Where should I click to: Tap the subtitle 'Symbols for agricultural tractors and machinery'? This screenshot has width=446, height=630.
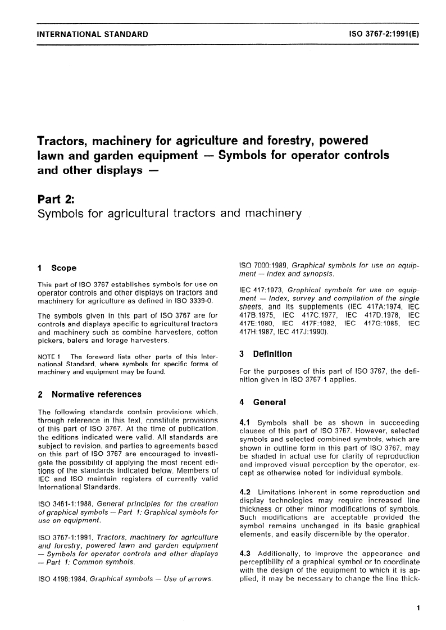[x=169, y=214]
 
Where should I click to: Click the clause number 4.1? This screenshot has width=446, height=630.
[x=245, y=421]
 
